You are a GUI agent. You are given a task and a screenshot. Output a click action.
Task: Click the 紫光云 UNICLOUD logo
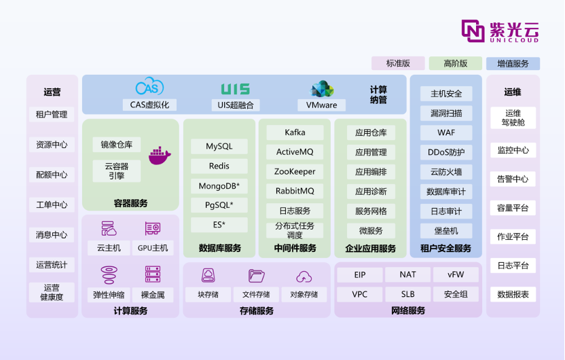click(500, 31)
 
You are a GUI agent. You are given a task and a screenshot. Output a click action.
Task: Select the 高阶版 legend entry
click(456, 63)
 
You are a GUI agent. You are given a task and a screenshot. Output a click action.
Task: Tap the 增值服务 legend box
click(513, 63)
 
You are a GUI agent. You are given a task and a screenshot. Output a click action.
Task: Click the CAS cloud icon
click(149, 87)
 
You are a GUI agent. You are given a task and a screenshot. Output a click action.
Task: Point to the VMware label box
click(321, 105)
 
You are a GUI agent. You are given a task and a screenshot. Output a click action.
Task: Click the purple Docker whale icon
click(160, 156)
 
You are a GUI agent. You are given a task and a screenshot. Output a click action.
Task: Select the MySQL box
click(219, 146)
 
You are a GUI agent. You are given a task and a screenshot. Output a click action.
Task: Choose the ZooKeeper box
click(295, 172)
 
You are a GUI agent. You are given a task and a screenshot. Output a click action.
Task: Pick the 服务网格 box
click(371, 211)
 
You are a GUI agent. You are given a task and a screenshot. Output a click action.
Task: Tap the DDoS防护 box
click(446, 152)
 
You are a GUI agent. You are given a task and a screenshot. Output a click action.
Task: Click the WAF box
click(446, 132)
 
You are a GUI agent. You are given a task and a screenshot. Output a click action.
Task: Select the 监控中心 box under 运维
click(513, 150)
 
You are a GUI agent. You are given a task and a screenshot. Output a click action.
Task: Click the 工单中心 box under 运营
click(52, 204)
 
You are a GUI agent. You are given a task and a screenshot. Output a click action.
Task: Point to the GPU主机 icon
click(153, 228)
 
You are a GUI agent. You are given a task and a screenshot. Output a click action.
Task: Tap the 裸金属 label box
click(153, 295)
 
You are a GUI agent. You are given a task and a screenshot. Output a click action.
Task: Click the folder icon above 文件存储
click(256, 276)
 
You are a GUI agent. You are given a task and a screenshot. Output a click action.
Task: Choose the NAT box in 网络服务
click(407, 274)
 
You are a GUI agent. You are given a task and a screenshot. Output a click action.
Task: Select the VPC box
click(360, 294)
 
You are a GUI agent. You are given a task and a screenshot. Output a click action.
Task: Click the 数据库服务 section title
click(220, 248)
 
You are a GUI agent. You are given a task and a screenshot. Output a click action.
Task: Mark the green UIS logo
click(235, 89)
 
